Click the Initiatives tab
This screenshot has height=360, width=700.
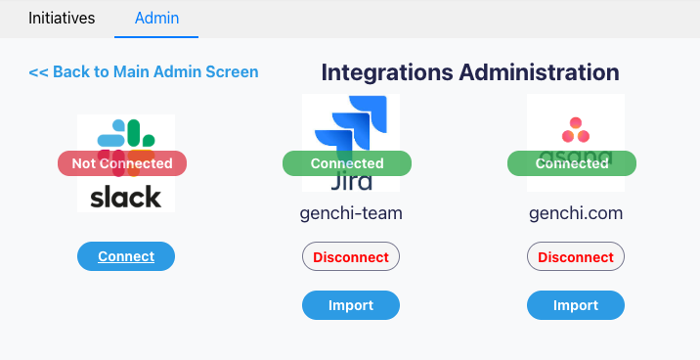(62, 18)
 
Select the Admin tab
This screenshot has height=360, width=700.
(156, 18)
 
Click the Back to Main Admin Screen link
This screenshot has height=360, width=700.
(144, 71)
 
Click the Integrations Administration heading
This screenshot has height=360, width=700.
(469, 71)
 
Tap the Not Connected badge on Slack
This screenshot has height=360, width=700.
(122, 163)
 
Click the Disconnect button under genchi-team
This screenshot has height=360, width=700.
(351, 257)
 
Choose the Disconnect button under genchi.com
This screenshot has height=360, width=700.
(576, 257)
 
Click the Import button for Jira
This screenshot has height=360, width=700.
(351, 305)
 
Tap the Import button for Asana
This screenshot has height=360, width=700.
(576, 305)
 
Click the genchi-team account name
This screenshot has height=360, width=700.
(351, 213)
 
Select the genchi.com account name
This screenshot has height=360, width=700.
(576, 213)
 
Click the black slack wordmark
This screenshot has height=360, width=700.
(126, 197)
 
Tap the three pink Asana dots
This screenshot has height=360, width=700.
(575, 129)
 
